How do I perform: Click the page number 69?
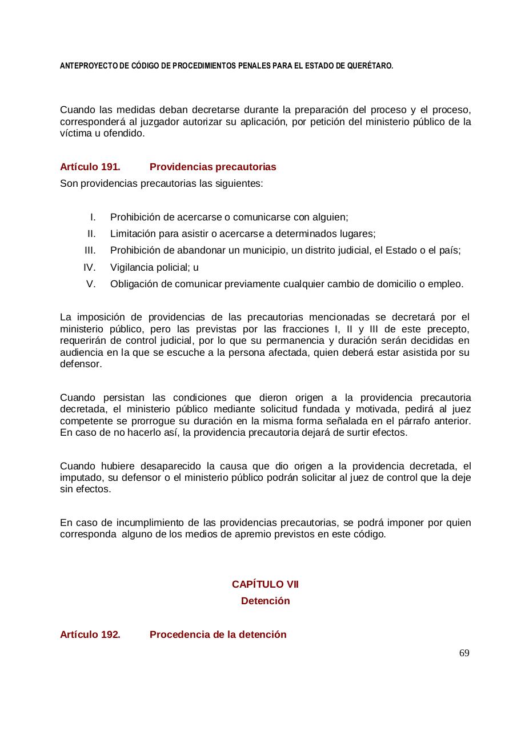pos(464,653)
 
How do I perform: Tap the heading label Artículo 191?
pos(90,167)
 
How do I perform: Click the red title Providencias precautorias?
pos(213,167)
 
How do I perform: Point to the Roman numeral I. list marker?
pos(93,217)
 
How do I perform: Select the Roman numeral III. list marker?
pos(90,250)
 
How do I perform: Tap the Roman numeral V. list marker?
pos(91,284)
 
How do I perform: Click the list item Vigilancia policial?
pos(151,267)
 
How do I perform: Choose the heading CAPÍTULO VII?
pos(265,584)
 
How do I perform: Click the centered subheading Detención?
pos(265,601)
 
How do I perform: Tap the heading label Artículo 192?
pos(90,634)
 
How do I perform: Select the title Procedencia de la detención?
pos(218,634)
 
